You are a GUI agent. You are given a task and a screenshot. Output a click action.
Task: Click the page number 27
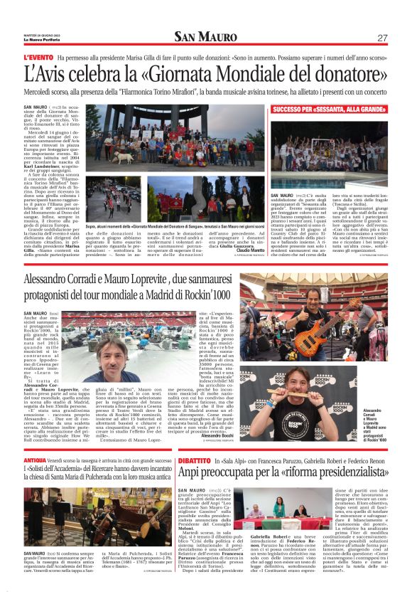pyautogui.click(x=382, y=38)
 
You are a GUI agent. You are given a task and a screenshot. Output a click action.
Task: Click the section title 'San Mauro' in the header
pyautogui.click(x=205, y=37)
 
